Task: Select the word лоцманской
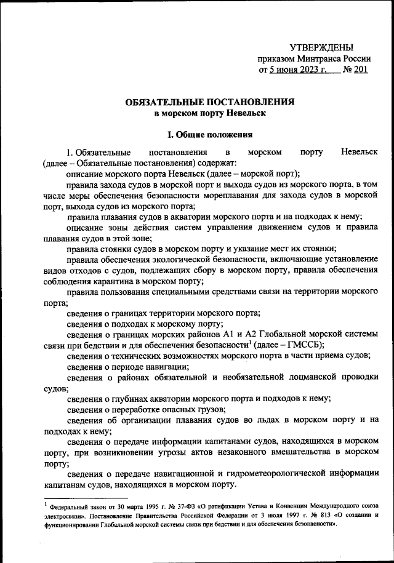pos(289,376)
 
